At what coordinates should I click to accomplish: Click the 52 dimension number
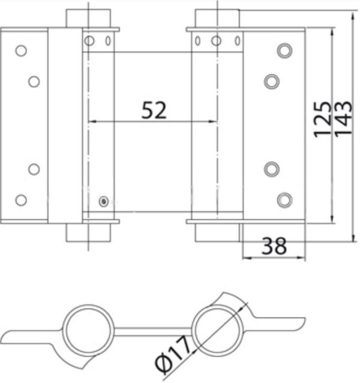[x=154, y=110]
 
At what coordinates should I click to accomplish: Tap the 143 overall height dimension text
[x=343, y=118]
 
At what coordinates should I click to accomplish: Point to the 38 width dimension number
[x=274, y=246]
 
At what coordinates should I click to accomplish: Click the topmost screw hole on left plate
[x=21, y=51]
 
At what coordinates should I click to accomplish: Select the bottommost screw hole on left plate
[x=21, y=200]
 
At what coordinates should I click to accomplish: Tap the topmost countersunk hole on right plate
[x=284, y=50]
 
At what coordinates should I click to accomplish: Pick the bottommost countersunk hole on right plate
[x=284, y=200]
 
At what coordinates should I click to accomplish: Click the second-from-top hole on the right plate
[x=272, y=81]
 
